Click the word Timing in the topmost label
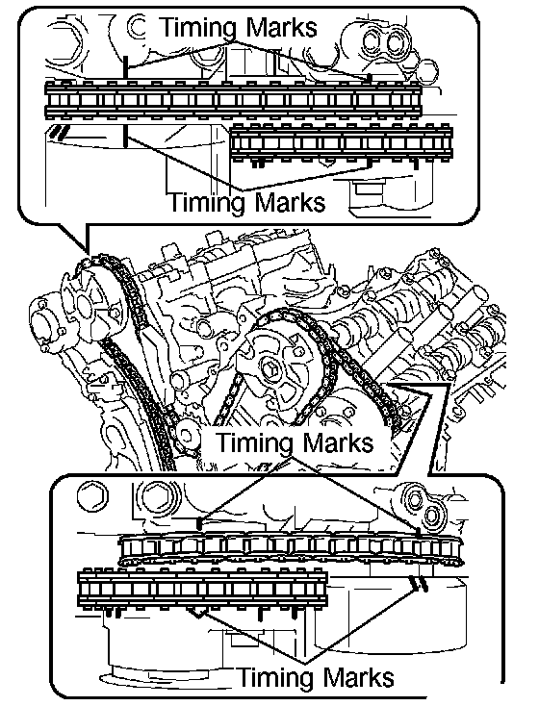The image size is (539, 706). tap(198, 28)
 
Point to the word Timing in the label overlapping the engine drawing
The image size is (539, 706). tap(255, 442)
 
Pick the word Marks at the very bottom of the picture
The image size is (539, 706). tap(357, 678)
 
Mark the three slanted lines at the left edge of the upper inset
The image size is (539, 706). tap(60, 131)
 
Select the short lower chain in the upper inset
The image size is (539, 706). tap(341, 143)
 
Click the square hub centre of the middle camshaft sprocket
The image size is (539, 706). tap(271, 371)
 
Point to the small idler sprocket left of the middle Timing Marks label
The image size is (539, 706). tap(186, 436)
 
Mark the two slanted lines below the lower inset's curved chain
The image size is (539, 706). tap(419, 584)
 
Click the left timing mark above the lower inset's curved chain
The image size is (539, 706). tap(199, 524)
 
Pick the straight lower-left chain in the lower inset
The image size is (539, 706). tap(203, 589)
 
